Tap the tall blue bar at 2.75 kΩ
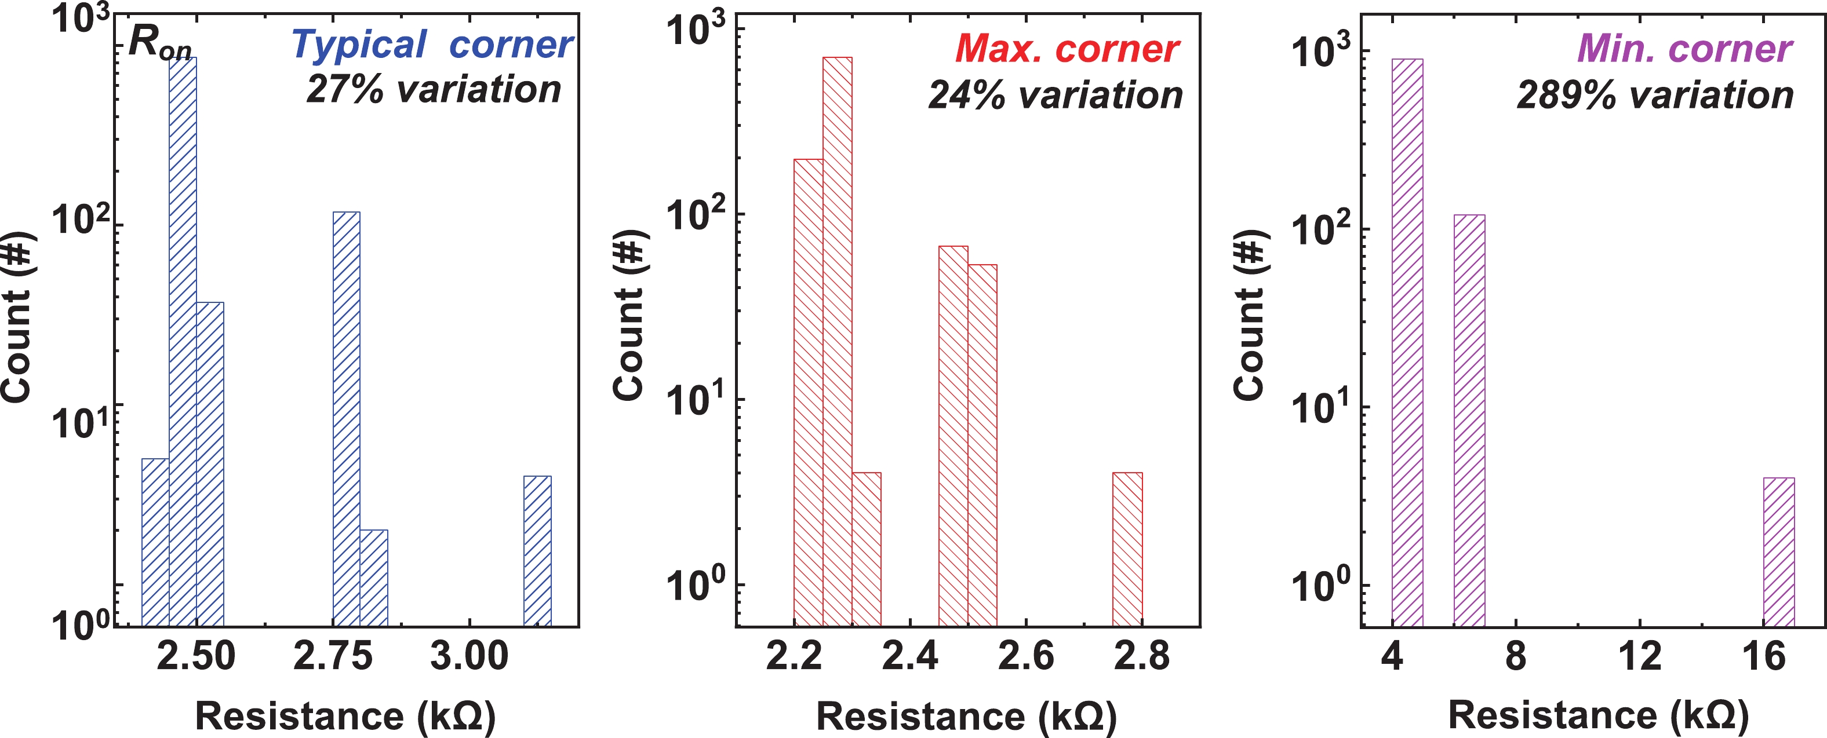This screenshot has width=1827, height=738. click(x=346, y=418)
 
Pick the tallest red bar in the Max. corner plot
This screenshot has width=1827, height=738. click(x=837, y=340)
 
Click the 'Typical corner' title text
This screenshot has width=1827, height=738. click(x=431, y=45)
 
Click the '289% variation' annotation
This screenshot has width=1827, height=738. click(x=1655, y=95)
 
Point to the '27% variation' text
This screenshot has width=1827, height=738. click(x=434, y=89)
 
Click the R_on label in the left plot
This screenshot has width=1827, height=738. click(x=159, y=44)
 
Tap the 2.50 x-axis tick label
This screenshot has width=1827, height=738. click(x=196, y=656)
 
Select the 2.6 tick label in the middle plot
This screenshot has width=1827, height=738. click(x=1025, y=656)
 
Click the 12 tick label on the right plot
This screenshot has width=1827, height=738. click(x=1640, y=656)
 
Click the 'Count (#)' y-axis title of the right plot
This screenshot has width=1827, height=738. click(x=1250, y=316)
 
